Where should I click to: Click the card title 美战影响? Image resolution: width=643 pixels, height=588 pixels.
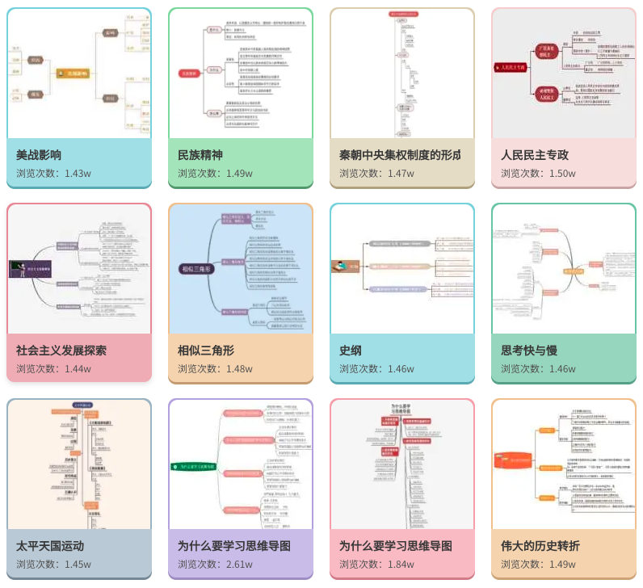39,154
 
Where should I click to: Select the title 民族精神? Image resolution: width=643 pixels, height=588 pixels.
200,154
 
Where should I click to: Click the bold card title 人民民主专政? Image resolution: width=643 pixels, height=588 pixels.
535,154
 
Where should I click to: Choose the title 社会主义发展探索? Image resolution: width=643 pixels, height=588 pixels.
61,350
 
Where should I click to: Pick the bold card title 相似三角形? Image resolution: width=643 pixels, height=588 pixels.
206,350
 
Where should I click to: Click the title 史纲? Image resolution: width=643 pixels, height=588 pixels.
351,350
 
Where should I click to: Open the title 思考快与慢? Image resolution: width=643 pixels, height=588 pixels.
529,350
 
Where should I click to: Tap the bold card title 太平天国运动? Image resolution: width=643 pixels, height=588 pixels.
50,545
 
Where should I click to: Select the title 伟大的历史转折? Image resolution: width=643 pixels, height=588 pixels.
540,545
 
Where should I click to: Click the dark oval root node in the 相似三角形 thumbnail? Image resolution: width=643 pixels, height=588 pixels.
196,269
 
